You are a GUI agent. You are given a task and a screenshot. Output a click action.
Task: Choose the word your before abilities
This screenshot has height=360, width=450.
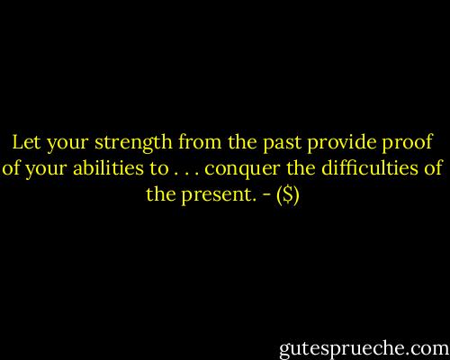tap(42, 171)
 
